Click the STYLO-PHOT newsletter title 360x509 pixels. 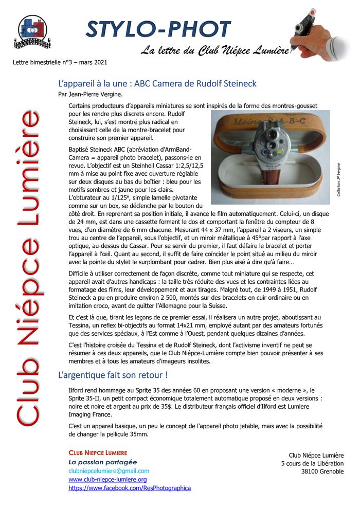click(158, 30)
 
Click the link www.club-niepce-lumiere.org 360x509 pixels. click(107, 479)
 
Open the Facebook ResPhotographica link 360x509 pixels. click(130, 488)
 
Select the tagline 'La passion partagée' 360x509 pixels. click(103, 462)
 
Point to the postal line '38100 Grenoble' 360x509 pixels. click(322, 472)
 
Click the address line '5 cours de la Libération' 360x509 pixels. click(312, 464)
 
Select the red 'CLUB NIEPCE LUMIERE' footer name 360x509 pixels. click(98, 452)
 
